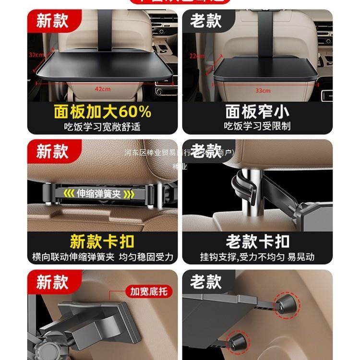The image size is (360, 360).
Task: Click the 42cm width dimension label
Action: [x=102, y=89]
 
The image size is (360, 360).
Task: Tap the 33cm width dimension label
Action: [x=263, y=90]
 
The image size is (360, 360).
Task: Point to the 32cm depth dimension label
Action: [x=36, y=55]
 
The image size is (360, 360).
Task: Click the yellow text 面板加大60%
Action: [x=102, y=112]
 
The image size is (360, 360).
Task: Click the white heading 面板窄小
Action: [x=257, y=112]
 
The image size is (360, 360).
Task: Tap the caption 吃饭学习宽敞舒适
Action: [x=102, y=127]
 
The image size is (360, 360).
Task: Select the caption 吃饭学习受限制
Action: [x=257, y=127]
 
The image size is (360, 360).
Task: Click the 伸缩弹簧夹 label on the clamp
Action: [x=99, y=194]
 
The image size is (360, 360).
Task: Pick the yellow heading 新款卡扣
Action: [x=102, y=241]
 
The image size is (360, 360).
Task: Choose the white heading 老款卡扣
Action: [x=257, y=241]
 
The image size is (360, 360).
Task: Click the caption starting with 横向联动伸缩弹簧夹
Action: [x=102, y=256]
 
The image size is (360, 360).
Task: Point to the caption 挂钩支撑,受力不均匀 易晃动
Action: [x=257, y=256]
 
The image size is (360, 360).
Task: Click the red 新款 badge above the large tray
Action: [x=52, y=21]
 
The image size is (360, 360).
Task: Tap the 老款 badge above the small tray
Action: [x=205, y=21]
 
